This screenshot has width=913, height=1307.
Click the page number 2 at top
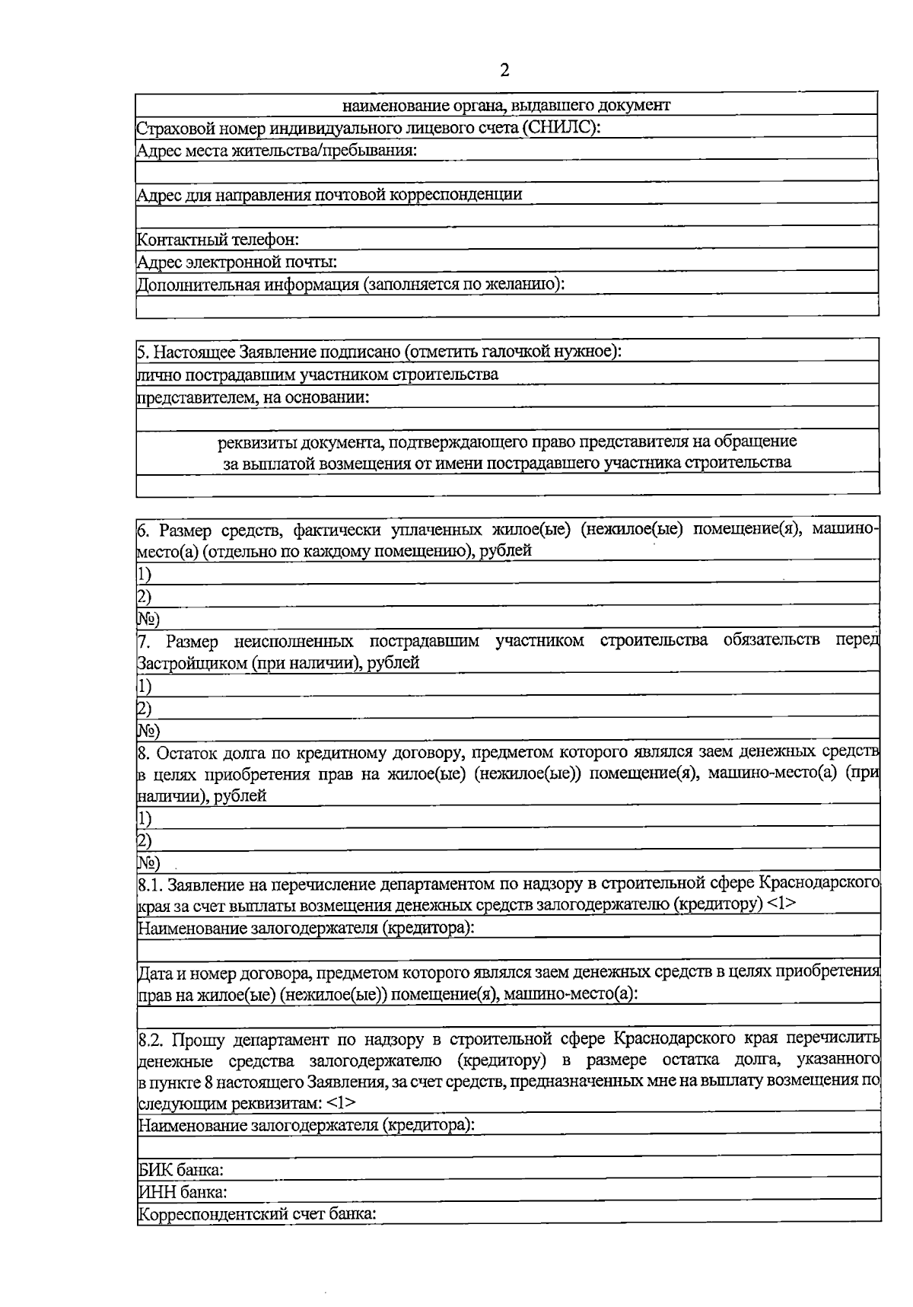[x=504, y=71]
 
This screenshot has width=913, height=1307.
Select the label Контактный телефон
[x=218, y=240]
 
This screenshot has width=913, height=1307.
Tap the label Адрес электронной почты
[x=237, y=262]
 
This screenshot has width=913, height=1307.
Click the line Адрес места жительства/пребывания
[x=277, y=150]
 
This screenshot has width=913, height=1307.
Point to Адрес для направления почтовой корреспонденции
[x=329, y=195]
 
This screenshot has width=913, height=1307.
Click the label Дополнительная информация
[x=247, y=285]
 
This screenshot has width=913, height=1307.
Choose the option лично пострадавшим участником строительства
[x=317, y=375]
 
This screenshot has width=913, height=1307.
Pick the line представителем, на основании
[x=253, y=397]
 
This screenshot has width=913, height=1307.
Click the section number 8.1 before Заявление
[x=150, y=885]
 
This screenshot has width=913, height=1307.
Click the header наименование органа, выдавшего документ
[x=506, y=105]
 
